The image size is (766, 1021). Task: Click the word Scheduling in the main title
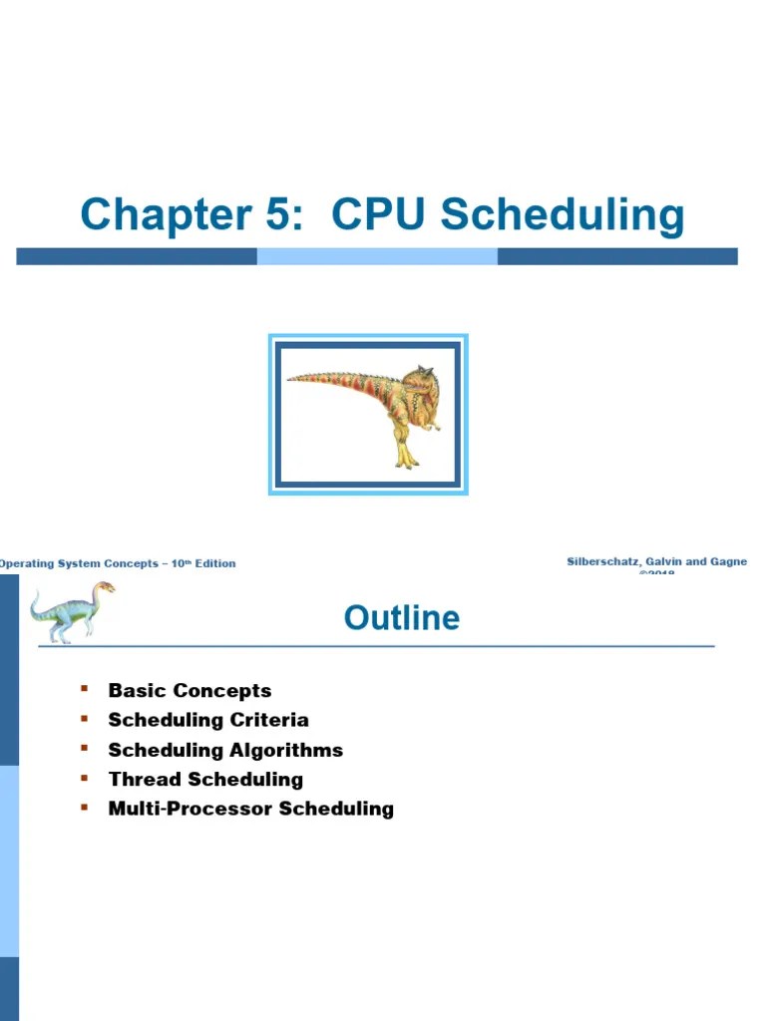click(x=563, y=215)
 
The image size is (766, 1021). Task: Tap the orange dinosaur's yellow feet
click(x=404, y=458)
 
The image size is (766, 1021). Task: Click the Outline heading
click(x=402, y=618)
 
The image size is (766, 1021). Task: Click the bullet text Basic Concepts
click(x=190, y=690)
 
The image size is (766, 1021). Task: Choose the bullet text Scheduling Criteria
click(x=208, y=720)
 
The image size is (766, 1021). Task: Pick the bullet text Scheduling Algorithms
click(x=225, y=750)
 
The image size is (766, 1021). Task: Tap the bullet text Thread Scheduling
click(x=205, y=779)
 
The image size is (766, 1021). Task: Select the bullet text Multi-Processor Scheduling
click(x=250, y=809)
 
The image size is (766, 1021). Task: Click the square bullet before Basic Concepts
click(x=85, y=688)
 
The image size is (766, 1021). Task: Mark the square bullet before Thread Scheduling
click(x=85, y=777)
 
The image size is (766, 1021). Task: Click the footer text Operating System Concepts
click(x=80, y=563)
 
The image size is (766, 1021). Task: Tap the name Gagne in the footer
click(x=727, y=562)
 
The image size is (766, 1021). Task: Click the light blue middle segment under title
click(x=377, y=256)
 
